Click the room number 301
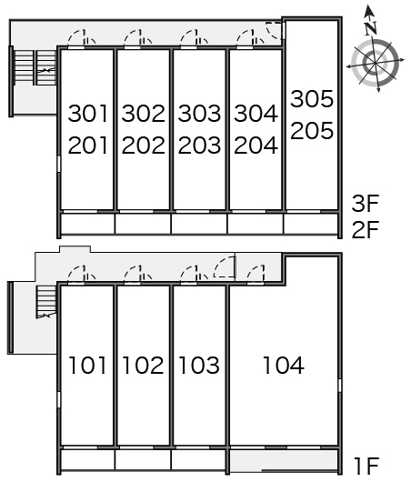(x=88, y=114)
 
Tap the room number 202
(x=144, y=146)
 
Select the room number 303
(x=199, y=114)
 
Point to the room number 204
(x=256, y=146)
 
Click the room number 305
(x=312, y=99)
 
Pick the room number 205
(x=312, y=131)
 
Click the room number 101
(x=88, y=366)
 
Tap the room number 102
(x=144, y=366)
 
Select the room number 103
(x=199, y=366)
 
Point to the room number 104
(x=284, y=366)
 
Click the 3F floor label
(x=366, y=204)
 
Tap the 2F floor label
(x=366, y=229)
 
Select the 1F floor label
(x=366, y=466)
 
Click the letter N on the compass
(x=371, y=28)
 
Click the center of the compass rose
(x=375, y=64)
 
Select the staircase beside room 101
(x=46, y=302)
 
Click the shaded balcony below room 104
(x=284, y=460)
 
